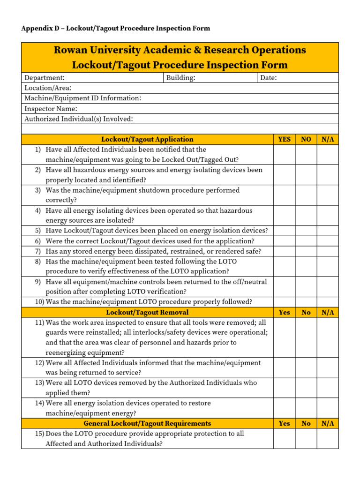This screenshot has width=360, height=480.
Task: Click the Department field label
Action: (45, 78)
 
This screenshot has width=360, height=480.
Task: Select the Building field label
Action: (181, 78)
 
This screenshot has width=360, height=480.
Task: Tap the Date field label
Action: (269, 78)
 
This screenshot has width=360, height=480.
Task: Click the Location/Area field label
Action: (48, 88)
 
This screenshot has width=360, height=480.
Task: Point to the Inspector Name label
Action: (51, 109)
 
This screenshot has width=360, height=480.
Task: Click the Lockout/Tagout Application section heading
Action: (147, 139)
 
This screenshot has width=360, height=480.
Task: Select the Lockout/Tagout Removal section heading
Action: (147, 312)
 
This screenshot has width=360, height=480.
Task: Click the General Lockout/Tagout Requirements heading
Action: (147, 423)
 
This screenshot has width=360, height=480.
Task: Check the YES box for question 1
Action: (284, 155)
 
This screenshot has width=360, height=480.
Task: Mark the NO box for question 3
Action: (306, 195)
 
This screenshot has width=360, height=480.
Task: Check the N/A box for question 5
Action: (327, 231)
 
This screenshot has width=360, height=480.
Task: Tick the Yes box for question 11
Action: (284, 337)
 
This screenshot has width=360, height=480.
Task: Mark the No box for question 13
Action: (306, 388)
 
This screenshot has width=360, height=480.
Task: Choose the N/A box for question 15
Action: (327, 438)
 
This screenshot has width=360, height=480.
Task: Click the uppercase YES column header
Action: (284, 139)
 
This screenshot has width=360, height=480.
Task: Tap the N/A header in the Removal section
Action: (327, 312)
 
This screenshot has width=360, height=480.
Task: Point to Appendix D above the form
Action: (41, 28)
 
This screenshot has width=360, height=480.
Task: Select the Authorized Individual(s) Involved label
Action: (78, 119)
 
